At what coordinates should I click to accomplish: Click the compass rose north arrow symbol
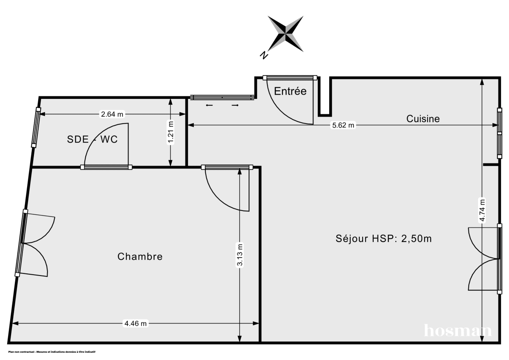point(286,34)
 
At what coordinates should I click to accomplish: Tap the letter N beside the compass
point(264,54)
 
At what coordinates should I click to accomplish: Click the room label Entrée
point(290,91)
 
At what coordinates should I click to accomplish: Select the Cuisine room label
point(423,119)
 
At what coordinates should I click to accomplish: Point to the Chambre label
point(140,256)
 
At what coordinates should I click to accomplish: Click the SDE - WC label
point(92,139)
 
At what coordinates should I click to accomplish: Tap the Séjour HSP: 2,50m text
point(383,239)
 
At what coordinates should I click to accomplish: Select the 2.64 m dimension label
point(112,114)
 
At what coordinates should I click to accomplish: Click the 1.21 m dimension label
point(171,133)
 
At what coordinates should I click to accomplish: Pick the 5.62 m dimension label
point(342,125)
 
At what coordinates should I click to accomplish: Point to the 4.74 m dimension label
point(481,210)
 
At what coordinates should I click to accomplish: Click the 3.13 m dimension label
point(240,255)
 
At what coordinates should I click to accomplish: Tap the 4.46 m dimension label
point(135,323)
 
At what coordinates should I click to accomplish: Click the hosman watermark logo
point(458,330)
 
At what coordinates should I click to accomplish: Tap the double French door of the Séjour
point(484,259)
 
